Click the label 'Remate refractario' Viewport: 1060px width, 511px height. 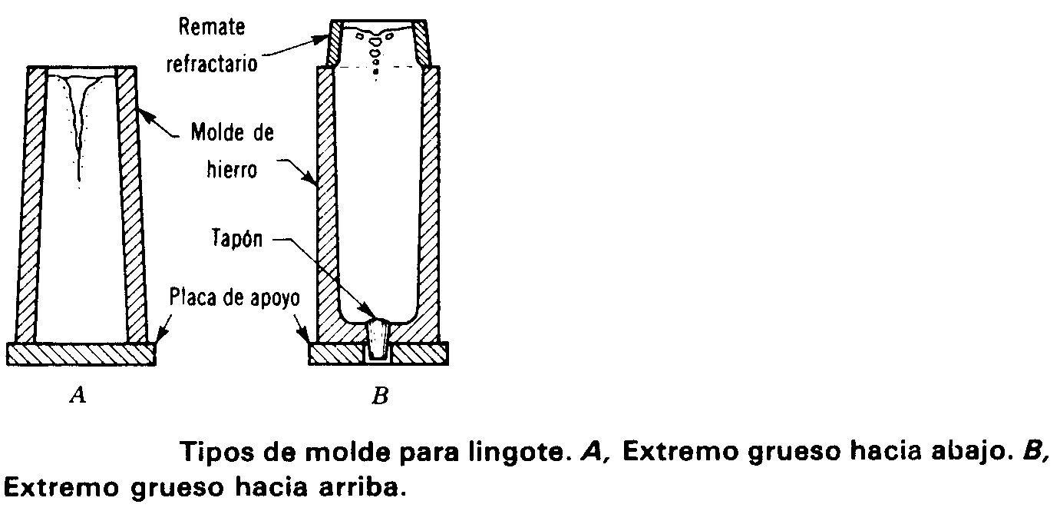coord(213,45)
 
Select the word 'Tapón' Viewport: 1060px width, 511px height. coord(236,240)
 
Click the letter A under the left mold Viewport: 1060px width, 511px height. coord(77,396)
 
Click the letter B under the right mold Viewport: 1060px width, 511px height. coord(379,397)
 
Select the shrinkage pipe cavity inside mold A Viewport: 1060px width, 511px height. coord(80,123)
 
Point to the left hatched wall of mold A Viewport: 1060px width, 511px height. coord(29,207)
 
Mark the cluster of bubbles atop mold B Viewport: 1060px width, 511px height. coord(375,46)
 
